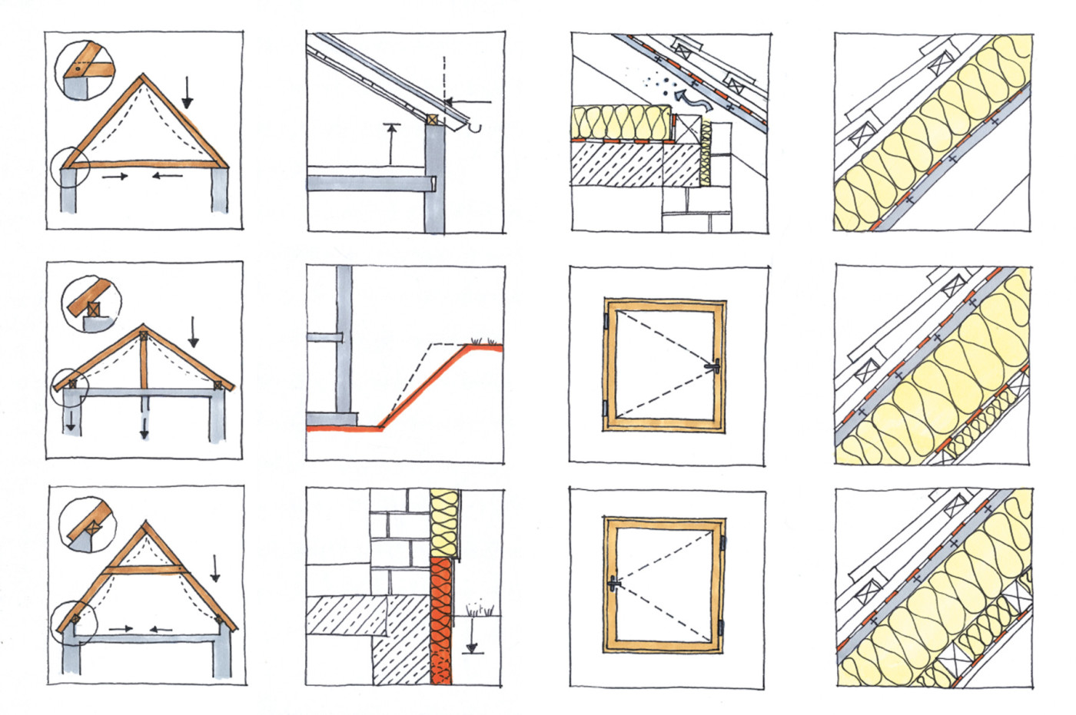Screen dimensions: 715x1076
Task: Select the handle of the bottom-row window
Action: [x=613, y=584]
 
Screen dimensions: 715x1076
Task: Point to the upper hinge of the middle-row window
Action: [x=606, y=320]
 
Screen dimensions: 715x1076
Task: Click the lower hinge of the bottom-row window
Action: [x=722, y=627]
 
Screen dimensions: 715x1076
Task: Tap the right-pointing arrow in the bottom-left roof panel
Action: [x=121, y=629]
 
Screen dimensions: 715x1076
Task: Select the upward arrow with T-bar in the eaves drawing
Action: [x=392, y=142]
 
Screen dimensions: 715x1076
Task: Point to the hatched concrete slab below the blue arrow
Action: [x=619, y=165]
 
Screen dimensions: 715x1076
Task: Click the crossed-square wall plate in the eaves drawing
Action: [x=433, y=119]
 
